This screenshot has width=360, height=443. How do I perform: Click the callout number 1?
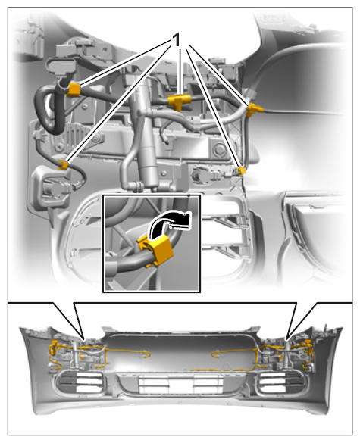(x=177, y=40)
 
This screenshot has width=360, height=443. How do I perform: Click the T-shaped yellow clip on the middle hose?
(x=179, y=101)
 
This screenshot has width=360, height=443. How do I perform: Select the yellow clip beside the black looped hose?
(x=74, y=89)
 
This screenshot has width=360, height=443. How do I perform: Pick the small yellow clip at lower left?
(x=63, y=164)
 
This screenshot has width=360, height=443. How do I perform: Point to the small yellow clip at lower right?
(x=241, y=171)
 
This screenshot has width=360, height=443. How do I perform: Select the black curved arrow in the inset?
(x=169, y=223)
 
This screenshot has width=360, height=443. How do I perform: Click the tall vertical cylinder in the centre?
(x=146, y=136)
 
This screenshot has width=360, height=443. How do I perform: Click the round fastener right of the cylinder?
(x=220, y=150)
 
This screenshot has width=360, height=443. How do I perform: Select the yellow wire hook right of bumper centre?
(x=216, y=354)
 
